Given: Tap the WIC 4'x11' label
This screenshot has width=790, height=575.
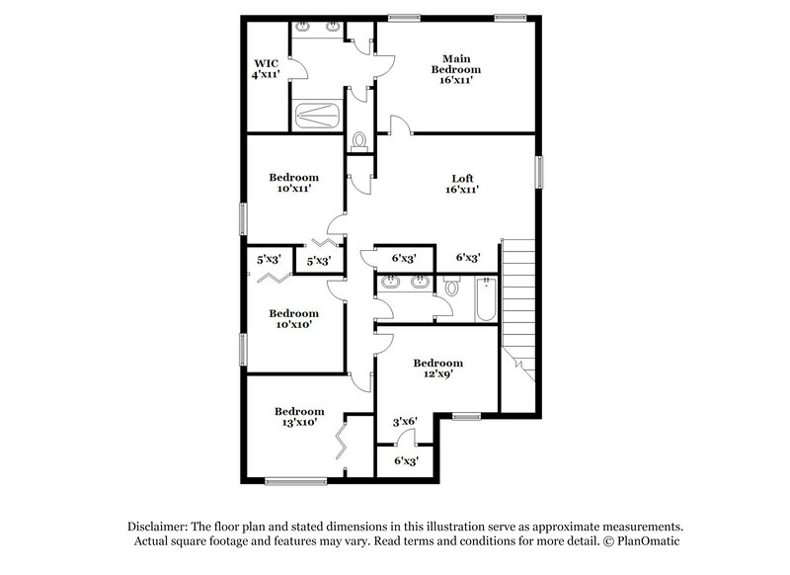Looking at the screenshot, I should point(266,68).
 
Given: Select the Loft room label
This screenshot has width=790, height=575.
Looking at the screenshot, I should point(462,180).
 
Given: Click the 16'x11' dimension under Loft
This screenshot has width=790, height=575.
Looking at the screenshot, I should point(462,191).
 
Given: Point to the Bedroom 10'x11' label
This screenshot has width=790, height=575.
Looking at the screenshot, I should point(293,184).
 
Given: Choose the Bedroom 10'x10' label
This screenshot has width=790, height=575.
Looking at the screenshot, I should point(293,318).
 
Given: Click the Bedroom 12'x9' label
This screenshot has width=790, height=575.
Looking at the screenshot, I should point(437,369).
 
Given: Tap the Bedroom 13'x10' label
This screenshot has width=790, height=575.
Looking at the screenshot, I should point(299,417).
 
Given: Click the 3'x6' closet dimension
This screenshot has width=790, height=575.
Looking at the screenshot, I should point(406,421).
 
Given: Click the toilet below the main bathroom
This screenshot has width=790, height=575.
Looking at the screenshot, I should point(358,141).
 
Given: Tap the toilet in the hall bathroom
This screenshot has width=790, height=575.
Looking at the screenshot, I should point(452,288).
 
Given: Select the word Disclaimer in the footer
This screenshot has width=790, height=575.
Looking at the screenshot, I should point(159,527).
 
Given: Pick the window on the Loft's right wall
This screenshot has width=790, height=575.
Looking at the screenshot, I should point(539,172).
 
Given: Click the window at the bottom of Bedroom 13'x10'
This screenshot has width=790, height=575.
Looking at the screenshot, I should point(295,481).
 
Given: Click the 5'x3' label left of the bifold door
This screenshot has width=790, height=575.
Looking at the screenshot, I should point(265,261).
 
